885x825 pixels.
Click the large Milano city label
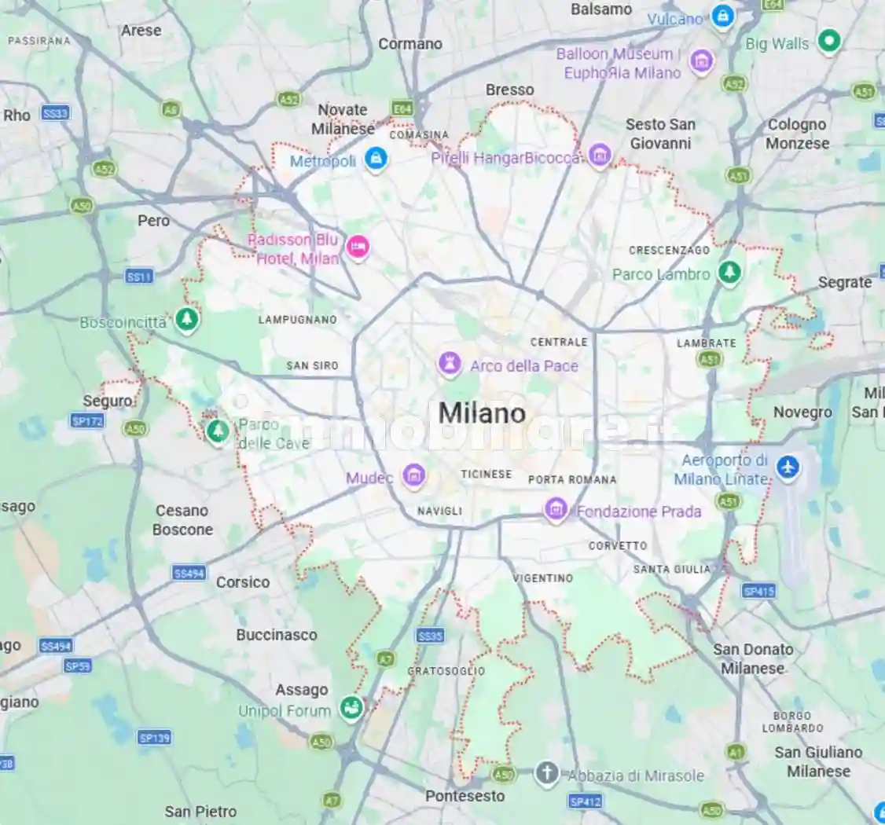(x=482, y=413)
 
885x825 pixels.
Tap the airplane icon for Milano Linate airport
(x=787, y=467)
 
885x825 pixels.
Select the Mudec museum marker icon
(x=413, y=475)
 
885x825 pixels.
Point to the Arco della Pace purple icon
(x=450, y=365)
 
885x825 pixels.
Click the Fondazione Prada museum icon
(x=556, y=510)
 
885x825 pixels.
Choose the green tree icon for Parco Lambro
(x=730, y=273)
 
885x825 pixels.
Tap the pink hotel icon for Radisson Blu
(x=358, y=247)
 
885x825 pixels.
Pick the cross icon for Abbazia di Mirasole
(x=546, y=773)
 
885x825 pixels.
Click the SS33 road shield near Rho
(x=55, y=113)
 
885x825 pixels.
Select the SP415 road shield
(x=758, y=591)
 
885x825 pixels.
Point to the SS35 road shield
(x=431, y=636)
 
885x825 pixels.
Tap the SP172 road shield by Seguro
(x=86, y=421)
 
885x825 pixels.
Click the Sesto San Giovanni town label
(x=660, y=134)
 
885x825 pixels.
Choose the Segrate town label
(x=845, y=282)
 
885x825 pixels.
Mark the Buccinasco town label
(x=277, y=635)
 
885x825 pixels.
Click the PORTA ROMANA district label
(x=572, y=479)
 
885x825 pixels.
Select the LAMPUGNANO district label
(x=298, y=320)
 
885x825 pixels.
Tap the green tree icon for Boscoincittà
(x=186, y=319)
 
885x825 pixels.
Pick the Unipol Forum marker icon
(x=351, y=708)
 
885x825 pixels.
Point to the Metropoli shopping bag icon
(x=376, y=159)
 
